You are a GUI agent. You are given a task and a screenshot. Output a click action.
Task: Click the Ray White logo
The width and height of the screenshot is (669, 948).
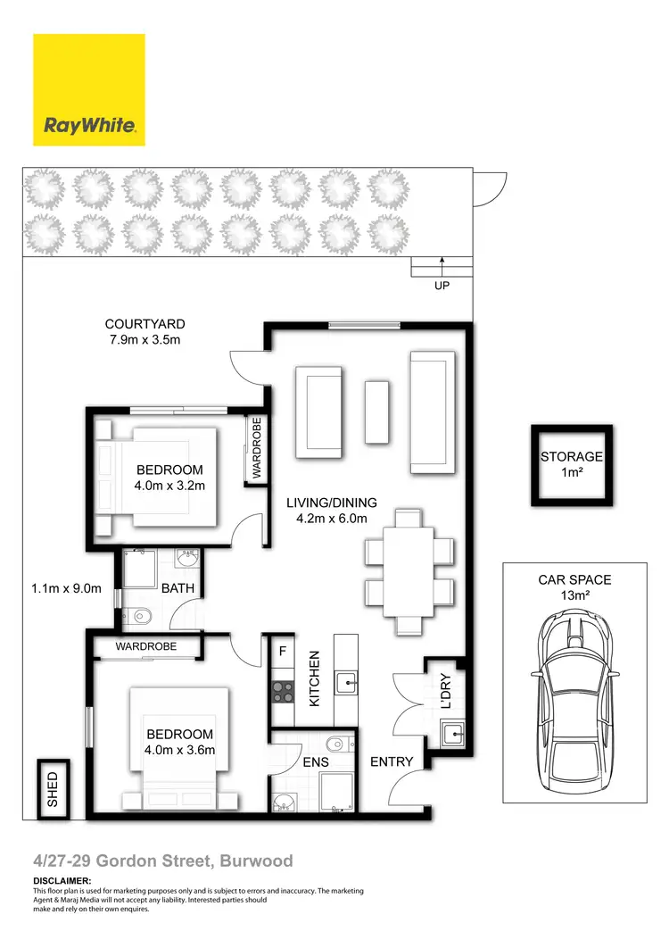click(x=89, y=89)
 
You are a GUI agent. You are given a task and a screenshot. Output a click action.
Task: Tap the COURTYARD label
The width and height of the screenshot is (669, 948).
click(x=145, y=325)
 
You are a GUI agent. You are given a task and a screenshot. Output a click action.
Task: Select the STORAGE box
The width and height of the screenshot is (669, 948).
click(x=572, y=464)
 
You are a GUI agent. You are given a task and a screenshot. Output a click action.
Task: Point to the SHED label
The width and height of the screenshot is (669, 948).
click(x=52, y=789)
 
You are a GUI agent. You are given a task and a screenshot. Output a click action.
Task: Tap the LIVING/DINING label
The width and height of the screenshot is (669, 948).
click(x=331, y=502)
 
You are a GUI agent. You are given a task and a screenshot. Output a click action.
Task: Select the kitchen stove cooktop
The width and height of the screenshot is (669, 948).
click(x=284, y=690)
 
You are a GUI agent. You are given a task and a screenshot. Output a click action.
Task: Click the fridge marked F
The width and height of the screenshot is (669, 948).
click(x=283, y=651)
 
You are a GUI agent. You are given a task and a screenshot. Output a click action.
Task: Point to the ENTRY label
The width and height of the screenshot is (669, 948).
click(x=392, y=761)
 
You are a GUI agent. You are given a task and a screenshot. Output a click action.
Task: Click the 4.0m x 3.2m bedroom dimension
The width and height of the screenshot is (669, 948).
click(x=169, y=486)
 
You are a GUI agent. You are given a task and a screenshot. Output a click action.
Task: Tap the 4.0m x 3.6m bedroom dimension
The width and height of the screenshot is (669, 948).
click(x=179, y=750)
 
